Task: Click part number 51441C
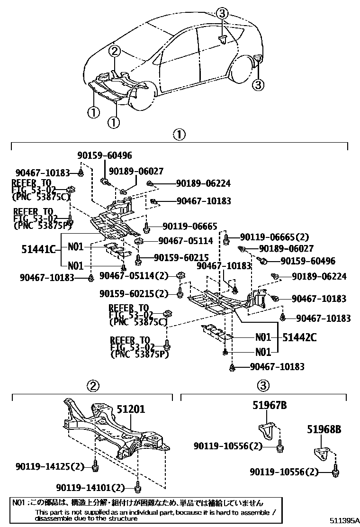39,248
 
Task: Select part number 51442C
299,337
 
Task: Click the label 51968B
324,430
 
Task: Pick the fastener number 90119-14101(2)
90,487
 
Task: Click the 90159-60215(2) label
134,294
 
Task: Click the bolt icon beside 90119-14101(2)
138,486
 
